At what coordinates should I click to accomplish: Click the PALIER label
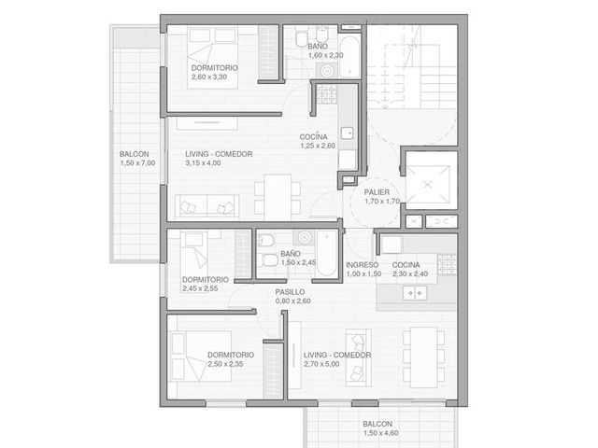(377, 192)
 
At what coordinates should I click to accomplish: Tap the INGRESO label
(362, 265)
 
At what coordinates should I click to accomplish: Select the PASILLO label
(290, 292)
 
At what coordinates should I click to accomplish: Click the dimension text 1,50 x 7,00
(137, 163)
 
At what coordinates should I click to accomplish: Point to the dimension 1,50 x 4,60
(381, 433)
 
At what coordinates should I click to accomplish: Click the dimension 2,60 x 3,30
(209, 77)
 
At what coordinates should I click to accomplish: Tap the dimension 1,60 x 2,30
(326, 55)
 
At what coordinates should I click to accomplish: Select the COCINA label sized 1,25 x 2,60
(313, 137)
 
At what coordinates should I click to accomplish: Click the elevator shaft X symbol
(428, 185)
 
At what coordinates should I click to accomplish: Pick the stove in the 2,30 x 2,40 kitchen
(447, 264)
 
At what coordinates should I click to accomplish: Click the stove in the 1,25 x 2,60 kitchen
(327, 94)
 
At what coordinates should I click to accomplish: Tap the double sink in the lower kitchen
(415, 293)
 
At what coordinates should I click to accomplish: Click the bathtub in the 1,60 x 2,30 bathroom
(349, 57)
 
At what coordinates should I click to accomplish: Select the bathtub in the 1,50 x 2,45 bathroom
(327, 254)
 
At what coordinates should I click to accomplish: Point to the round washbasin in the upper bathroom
(326, 71)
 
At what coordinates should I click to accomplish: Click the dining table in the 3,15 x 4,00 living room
(278, 197)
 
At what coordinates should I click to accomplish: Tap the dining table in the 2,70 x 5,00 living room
(423, 357)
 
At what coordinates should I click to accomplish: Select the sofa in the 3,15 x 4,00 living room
(207, 207)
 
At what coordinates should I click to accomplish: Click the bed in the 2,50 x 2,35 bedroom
(202, 357)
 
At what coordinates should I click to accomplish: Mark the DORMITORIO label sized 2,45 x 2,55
(206, 280)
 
